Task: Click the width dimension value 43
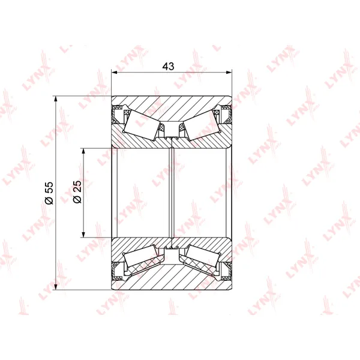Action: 168,66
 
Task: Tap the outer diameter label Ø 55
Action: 49,193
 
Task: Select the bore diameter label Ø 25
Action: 77,192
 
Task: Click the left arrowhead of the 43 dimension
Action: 115,73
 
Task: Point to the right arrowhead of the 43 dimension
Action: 229,73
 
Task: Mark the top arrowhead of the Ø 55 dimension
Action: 55,100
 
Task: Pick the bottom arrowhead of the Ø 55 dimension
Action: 55,287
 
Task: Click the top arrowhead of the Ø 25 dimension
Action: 83,152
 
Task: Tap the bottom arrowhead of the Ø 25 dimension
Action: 83,234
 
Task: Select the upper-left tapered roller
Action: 142,124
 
